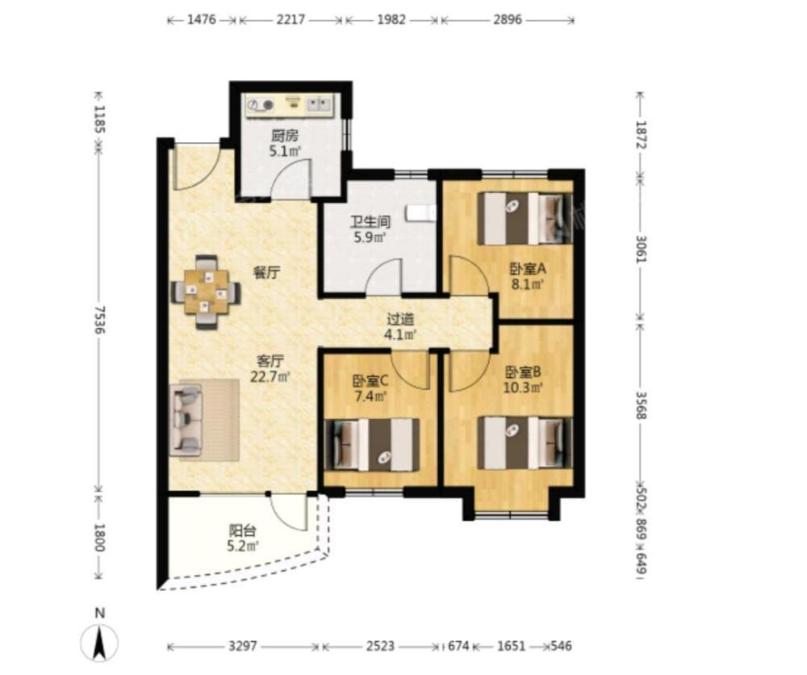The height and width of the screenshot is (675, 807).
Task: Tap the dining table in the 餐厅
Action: [x=207, y=292]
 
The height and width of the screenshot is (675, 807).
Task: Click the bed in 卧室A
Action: [x=525, y=218]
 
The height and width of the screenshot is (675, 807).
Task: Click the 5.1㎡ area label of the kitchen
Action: [x=285, y=151]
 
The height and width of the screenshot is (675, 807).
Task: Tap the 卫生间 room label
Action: [x=370, y=222]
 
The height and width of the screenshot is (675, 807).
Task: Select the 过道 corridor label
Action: [x=400, y=319]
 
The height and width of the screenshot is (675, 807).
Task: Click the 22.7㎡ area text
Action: [x=270, y=377]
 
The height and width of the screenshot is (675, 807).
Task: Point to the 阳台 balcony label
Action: [x=242, y=530]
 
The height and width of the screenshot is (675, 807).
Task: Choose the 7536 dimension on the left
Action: [x=100, y=320]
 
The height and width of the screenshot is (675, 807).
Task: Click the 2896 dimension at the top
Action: [x=508, y=20]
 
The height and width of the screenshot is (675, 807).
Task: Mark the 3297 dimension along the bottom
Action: [x=243, y=646]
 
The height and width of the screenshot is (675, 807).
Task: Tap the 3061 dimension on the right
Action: [x=641, y=249]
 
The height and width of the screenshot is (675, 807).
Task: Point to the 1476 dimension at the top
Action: [x=201, y=20]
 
